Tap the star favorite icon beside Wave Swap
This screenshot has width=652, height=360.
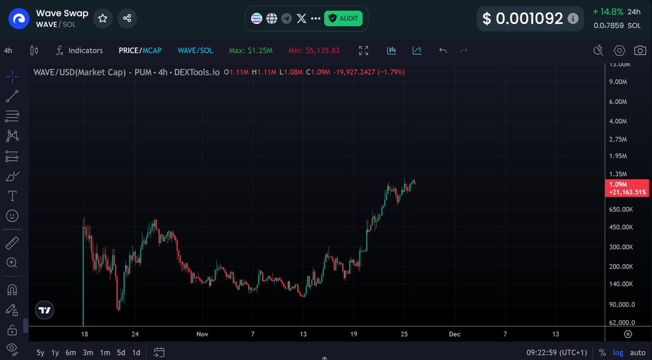(x=102, y=18)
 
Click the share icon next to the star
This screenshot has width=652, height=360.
(x=127, y=18)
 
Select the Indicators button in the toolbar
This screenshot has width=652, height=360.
(x=79, y=51)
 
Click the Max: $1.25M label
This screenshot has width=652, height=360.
(x=251, y=51)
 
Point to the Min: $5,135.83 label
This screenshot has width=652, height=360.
(x=314, y=51)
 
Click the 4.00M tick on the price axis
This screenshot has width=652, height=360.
(x=618, y=121)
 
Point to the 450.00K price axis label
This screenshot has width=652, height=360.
(x=620, y=227)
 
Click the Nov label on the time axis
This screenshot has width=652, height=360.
(x=202, y=334)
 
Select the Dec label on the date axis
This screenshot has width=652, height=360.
(x=455, y=334)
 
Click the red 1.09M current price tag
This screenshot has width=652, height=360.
(x=626, y=188)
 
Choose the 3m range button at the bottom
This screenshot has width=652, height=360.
(x=88, y=352)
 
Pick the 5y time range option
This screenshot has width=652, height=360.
(x=41, y=352)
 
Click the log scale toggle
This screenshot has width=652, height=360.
(x=618, y=352)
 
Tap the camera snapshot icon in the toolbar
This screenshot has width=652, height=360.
(x=640, y=51)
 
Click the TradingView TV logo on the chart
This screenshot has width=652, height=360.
(x=45, y=311)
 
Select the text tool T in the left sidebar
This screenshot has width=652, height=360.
(x=12, y=196)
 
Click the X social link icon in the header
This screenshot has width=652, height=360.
(x=302, y=18)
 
